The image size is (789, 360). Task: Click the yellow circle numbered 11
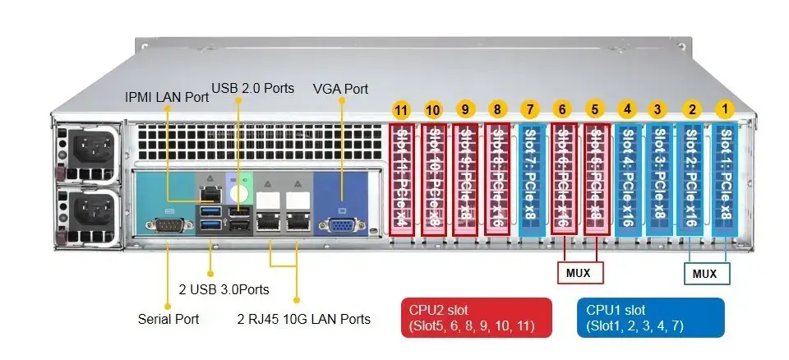[401, 109]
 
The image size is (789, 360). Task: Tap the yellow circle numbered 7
[530, 109]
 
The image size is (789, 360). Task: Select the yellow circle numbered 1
[724, 107]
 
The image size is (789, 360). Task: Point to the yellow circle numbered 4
[627, 108]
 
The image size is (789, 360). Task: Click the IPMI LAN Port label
[167, 97]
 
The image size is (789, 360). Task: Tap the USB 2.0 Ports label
[252, 88]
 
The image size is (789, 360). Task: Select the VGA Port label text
[341, 89]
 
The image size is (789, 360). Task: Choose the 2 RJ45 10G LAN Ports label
[303, 318]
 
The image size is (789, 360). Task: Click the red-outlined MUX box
[580, 271]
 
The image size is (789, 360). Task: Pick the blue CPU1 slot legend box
[650, 318]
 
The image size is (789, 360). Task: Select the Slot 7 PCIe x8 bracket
[530, 179]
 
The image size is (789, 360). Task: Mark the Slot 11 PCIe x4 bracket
[401, 179]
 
